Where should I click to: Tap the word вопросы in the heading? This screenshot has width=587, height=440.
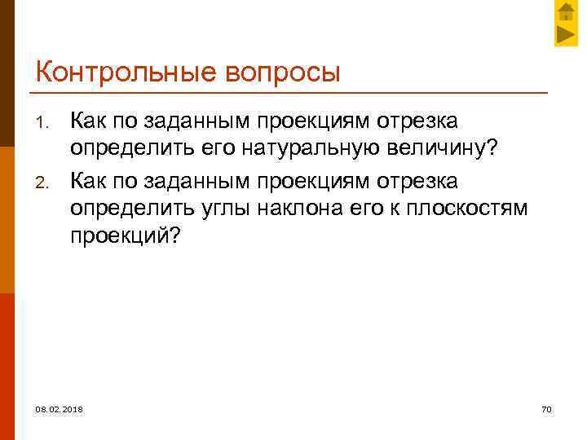pos(276,73)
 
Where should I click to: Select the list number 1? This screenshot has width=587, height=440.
pos(45,125)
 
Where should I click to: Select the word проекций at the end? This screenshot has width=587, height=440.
pos(126,235)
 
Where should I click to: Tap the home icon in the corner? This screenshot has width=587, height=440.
pos(566,11)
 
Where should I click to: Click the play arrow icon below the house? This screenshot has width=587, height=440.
pos(566,35)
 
